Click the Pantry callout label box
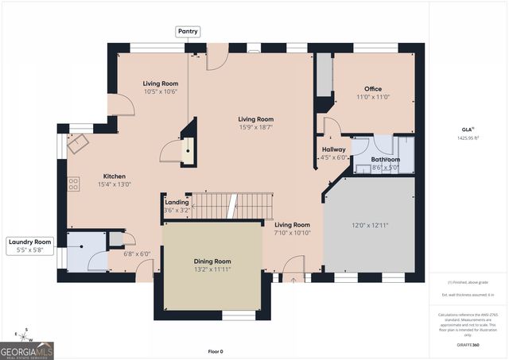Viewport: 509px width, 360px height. click(x=188, y=31)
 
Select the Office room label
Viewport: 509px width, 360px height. click(x=374, y=89)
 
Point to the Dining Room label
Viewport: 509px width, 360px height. click(x=212, y=261)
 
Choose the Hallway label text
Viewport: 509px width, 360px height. click(x=334, y=149)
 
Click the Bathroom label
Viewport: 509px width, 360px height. click(x=385, y=159)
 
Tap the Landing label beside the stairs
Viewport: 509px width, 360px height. click(x=177, y=203)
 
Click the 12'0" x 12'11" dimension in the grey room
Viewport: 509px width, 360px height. click(x=369, y=225)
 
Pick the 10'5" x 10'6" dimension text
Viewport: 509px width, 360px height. click(x=160, y=91)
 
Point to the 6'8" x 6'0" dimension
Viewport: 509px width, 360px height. click(x=137, y=254)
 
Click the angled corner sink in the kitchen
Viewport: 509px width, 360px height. click(x=79, y=143)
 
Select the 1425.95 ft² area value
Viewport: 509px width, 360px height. click(x=467, y=137)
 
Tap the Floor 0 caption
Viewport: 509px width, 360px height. click(x=216, y=351)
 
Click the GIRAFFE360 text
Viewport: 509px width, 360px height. click(x=467, y=346)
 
